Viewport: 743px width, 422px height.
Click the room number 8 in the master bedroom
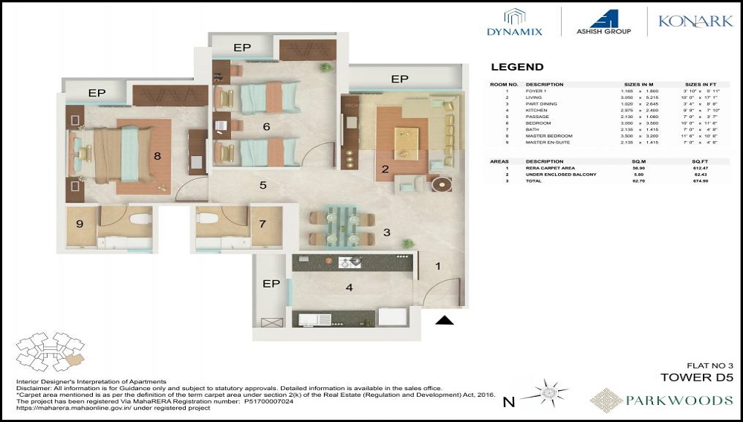coord(157,156)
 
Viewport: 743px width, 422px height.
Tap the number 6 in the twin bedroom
coord(266,127)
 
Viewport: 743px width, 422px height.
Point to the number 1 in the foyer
coord(438,266)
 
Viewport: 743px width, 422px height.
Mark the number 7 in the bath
coord(262,224)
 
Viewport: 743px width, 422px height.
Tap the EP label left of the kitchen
coord(270,284)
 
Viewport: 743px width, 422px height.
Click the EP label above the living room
coord(400,79)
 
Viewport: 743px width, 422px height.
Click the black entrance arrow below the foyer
coord(444,320)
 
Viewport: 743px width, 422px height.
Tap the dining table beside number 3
coord(340,225)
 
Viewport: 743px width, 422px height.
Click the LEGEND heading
coord(517,67)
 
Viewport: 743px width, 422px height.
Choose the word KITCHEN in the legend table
coord(536,110)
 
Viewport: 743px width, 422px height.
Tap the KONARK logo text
coord(695,22)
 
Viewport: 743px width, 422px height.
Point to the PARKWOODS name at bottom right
coord(661,400)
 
